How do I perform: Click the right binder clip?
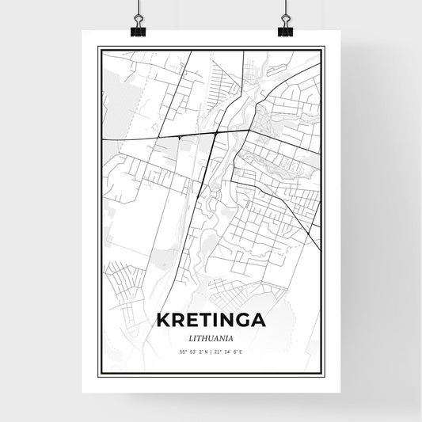pyautogui.click(x=284, y=24)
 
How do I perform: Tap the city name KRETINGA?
pyautogui.click(x=211, y=321)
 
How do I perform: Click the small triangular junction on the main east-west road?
pyautogui.click(x=181, y=137)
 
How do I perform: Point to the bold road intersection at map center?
pyautogui.click(x=216, y=134)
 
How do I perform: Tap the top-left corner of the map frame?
pyautogui.click(x=97, y=47)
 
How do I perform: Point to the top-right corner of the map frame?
pyautogui.click(x=325, y=47)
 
